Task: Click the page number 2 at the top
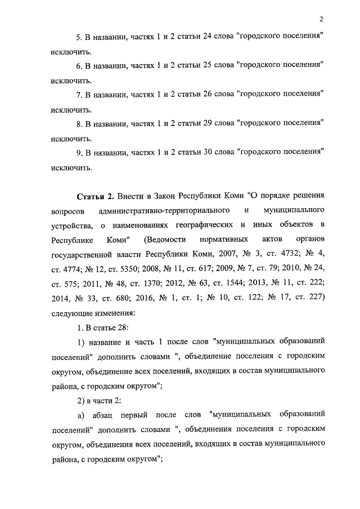coord(319,19)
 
